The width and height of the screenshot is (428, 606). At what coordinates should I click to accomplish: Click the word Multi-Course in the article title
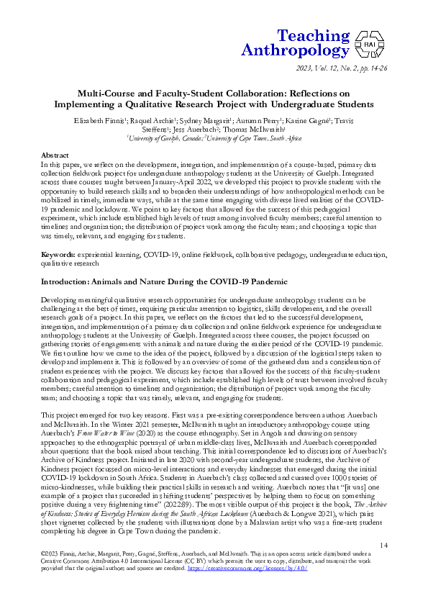click(114, 94)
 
